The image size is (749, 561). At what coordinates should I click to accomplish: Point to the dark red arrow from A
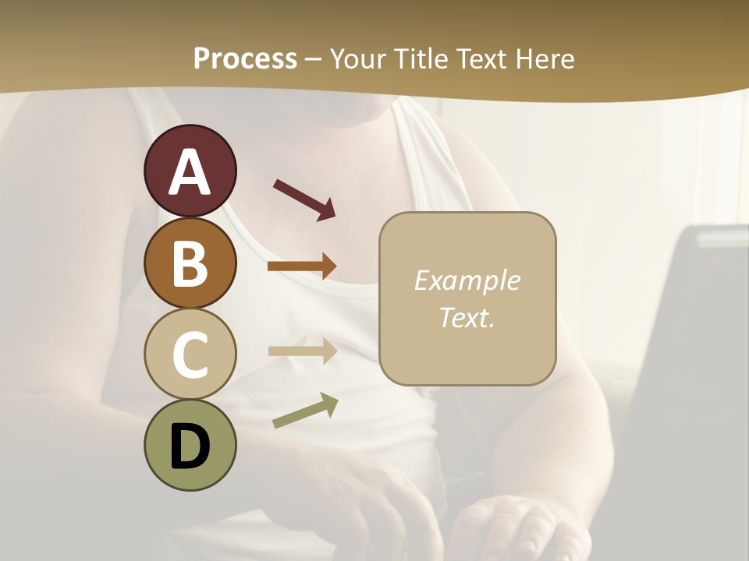(x=304, y=199)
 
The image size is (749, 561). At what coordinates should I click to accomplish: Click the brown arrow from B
(x=302, y=266)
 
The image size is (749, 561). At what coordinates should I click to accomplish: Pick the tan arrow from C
(x=302, y=351)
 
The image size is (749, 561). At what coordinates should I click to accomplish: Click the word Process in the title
(x=245, y=58)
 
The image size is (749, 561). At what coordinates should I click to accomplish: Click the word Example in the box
(x=467, y=280)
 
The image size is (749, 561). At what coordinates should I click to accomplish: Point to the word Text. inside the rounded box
(x=467, y=317)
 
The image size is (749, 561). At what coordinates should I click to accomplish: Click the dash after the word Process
(x=314, y=59)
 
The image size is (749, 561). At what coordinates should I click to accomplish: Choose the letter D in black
(x=190, y=446)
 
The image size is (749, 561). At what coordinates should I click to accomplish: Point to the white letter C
(x=190, y=355)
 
